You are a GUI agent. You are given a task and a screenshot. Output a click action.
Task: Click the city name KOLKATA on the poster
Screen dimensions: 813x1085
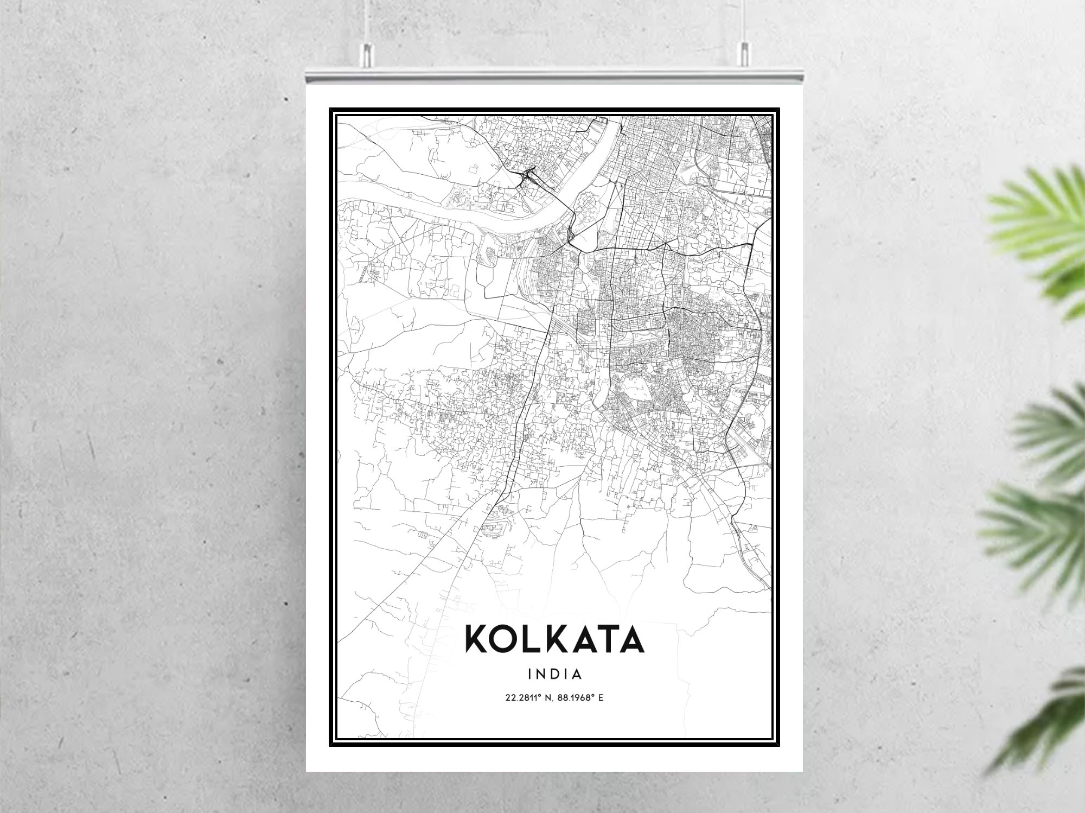[x=554, y=640]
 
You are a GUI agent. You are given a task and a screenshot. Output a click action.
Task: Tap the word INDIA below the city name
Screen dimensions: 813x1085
[x=554, y=675]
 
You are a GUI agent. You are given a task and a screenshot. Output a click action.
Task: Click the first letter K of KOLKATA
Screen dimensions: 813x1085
[x=476, y=640]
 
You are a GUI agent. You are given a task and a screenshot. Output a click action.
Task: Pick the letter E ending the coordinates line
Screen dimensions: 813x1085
[x=601, y=698]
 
